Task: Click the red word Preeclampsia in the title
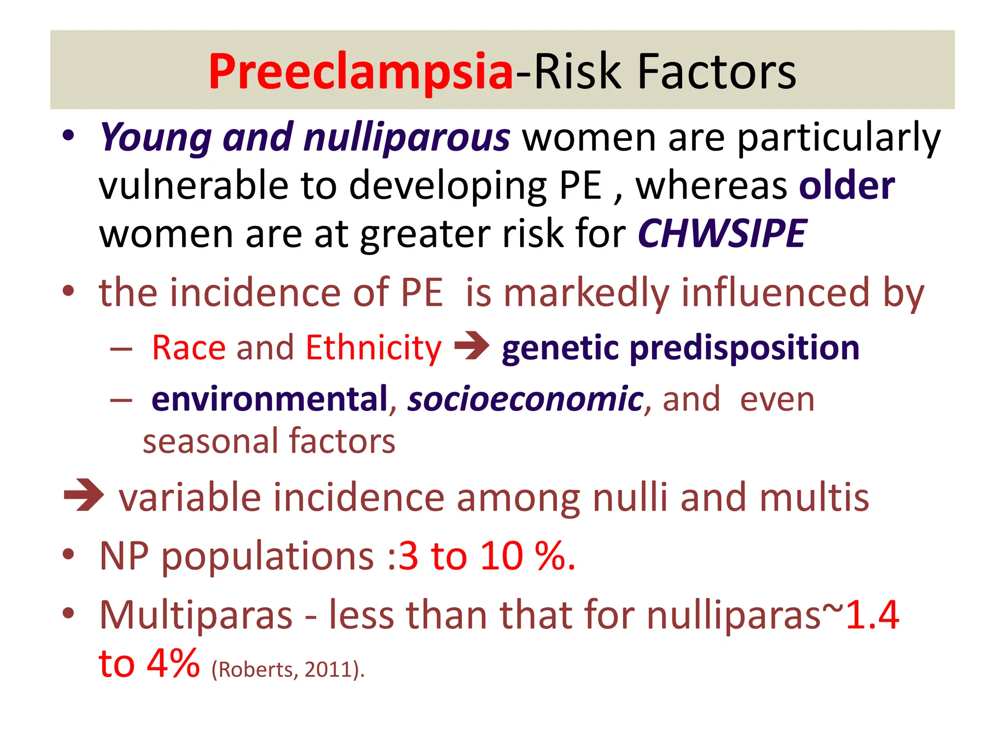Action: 361,73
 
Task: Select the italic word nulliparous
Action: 406,138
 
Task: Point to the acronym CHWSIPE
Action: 721,234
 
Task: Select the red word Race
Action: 188,348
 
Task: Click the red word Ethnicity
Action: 373,348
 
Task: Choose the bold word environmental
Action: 269,399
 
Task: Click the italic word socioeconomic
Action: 525,399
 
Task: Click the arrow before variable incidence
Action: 84,495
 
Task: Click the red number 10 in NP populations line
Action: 501,557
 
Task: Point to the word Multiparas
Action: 196,615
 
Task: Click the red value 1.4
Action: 873,615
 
